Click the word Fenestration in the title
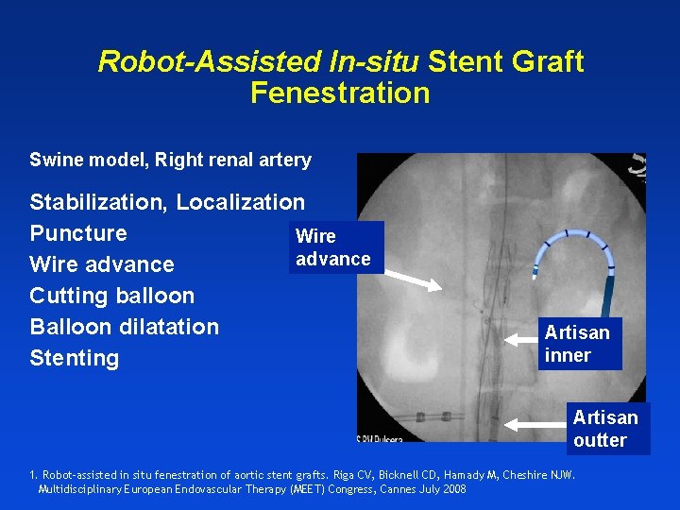coord(340,93)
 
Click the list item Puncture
coord(78,233)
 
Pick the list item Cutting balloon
coord(111,296)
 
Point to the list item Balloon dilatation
coord(124,327)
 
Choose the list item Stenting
coord(75,358)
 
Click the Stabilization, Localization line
coord(167,202)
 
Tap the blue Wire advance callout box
coord(333,247)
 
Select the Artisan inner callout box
coord(577,344)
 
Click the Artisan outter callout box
coord(605,428)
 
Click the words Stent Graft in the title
coord(505,62)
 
